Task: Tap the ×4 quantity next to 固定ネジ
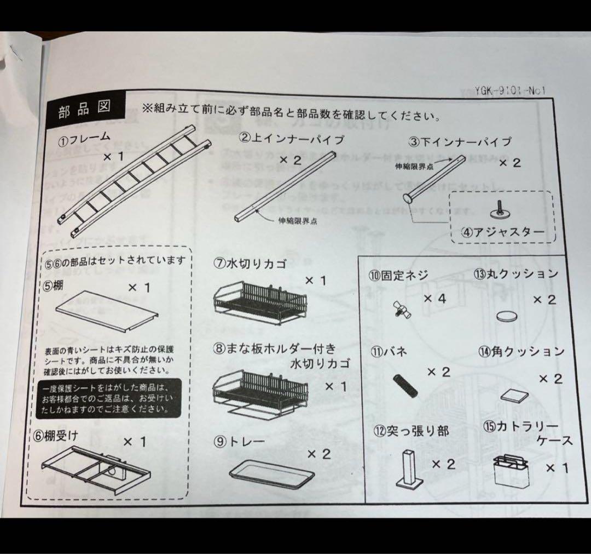click(435, 299)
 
